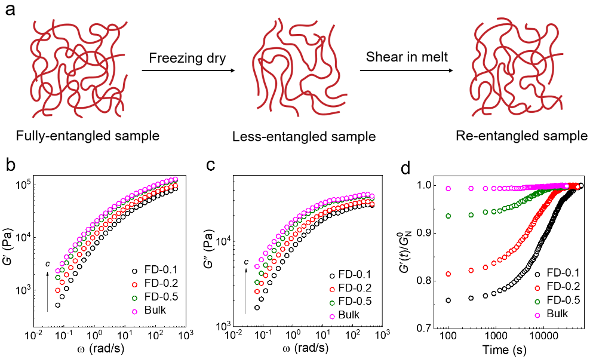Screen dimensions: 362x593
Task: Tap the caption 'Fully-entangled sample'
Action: (x=88, y=136)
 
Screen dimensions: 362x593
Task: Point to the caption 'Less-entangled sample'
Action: (x=305, y=137)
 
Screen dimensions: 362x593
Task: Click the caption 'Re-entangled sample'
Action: (x=521, y=136)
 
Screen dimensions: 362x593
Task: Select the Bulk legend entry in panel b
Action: (x=158, y=311)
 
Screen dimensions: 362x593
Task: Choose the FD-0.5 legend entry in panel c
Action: (x=355, y=302)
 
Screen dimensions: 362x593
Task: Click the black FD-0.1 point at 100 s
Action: (x=448, y=300)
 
